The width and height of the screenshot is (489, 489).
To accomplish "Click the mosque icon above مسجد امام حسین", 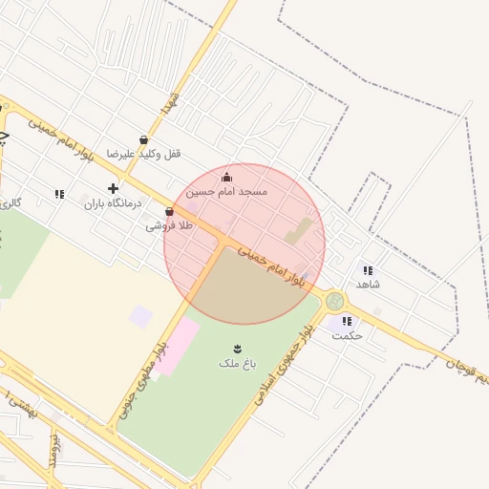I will point(226,177).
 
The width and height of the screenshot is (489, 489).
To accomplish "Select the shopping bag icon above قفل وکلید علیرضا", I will point(143,140).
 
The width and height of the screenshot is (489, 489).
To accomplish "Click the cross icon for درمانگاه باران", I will point(113,189).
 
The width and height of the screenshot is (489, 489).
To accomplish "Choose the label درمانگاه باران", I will point(113,202).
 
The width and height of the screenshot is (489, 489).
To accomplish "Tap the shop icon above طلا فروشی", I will point(169,212).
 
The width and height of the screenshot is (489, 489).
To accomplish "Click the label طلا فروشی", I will point(169,225).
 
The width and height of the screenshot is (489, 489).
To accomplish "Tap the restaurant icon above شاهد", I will point(369,270).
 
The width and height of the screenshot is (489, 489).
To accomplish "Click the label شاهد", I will point(369,284).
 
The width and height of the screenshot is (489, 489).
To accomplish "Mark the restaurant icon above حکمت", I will point(346,322).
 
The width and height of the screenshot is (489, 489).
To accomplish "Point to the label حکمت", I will point(347,335).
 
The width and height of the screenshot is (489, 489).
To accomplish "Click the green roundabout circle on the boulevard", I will point(334,301).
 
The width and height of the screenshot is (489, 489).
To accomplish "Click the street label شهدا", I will point(170,103).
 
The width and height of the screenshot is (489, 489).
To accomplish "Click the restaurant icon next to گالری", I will point(59,194).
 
